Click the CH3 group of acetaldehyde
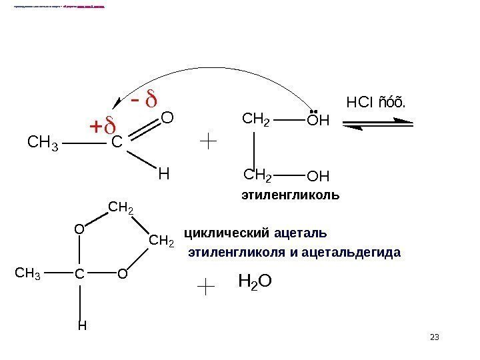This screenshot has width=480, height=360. (42, 142)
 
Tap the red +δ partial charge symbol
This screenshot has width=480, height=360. (102, 126)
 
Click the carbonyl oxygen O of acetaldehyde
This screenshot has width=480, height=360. (167, 119)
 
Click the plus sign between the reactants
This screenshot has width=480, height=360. (209, 141)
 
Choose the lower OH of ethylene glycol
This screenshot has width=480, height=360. (319, 177)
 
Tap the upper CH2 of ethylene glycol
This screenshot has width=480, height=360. (255, 121)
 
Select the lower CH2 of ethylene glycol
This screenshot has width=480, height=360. (258, 176)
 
